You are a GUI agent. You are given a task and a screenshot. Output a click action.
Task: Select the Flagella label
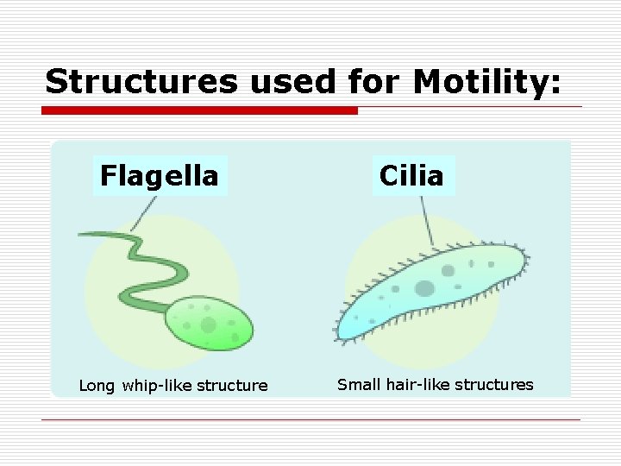[x=160, y=176]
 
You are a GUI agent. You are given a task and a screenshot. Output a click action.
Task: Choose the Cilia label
[x=411, y=176]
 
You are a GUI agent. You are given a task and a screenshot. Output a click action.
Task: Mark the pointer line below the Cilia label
[x=425, y=220]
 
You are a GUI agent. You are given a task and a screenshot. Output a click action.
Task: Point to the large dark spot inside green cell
[x=208, y=324]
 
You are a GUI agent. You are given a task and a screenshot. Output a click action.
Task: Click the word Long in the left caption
[x=97, y=385]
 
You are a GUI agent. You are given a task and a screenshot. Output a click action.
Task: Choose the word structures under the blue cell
[x=495, y=384]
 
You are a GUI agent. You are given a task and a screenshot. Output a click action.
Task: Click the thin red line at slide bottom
[x=310, y=420]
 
